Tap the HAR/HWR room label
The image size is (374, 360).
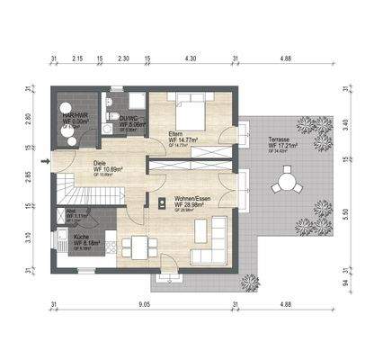click(x=74, y=117)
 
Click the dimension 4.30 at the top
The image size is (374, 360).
click(x=190, y=58)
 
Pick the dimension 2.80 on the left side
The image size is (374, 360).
click(x=29, y=118)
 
